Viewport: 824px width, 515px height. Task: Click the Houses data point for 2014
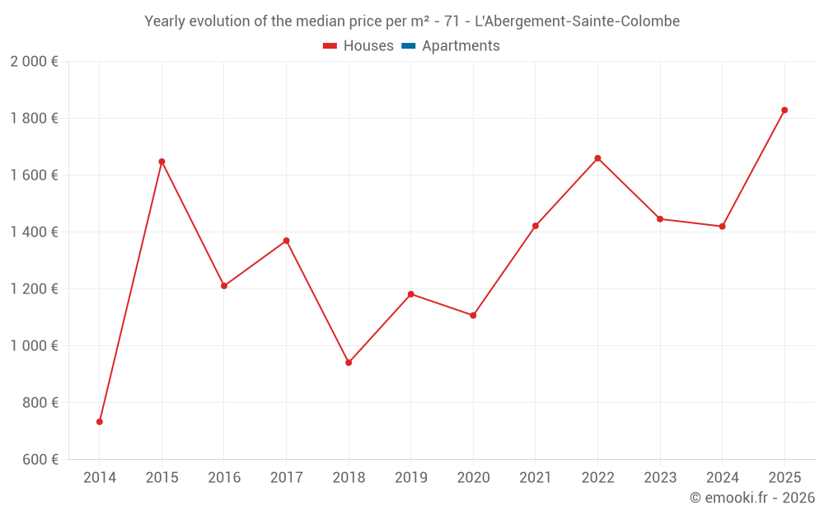[x=100, y=422]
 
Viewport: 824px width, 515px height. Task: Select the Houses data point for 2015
[x=162, y=162]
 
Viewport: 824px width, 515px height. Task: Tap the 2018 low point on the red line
[x=349, y=363]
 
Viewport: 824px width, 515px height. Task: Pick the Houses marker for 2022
[x=597, y=158]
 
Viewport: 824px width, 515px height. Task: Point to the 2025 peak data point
[x=784, y=110]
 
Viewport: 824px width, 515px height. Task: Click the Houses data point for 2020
[x=473, y=316]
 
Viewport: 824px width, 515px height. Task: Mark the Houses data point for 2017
[x=286, y=241]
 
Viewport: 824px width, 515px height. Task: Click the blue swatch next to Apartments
[x=408, y=46]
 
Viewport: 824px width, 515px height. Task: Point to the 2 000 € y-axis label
[x=34, y=62]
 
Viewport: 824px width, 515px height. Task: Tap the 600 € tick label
[x=40, y=460]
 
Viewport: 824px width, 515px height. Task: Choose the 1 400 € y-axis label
[x=34, y=232]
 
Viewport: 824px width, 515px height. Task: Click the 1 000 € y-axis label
[x=34, y=346]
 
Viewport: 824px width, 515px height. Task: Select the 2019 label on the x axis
[x=410, y=478]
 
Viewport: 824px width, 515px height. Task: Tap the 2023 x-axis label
[x=660, y=478]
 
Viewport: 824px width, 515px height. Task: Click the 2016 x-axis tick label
[x=224, y=478]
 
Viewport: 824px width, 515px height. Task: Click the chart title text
[x=412, y=21]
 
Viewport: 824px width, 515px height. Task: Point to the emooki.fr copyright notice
[x=752, y=498]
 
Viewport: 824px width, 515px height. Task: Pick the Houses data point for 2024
[x=722, y=227]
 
